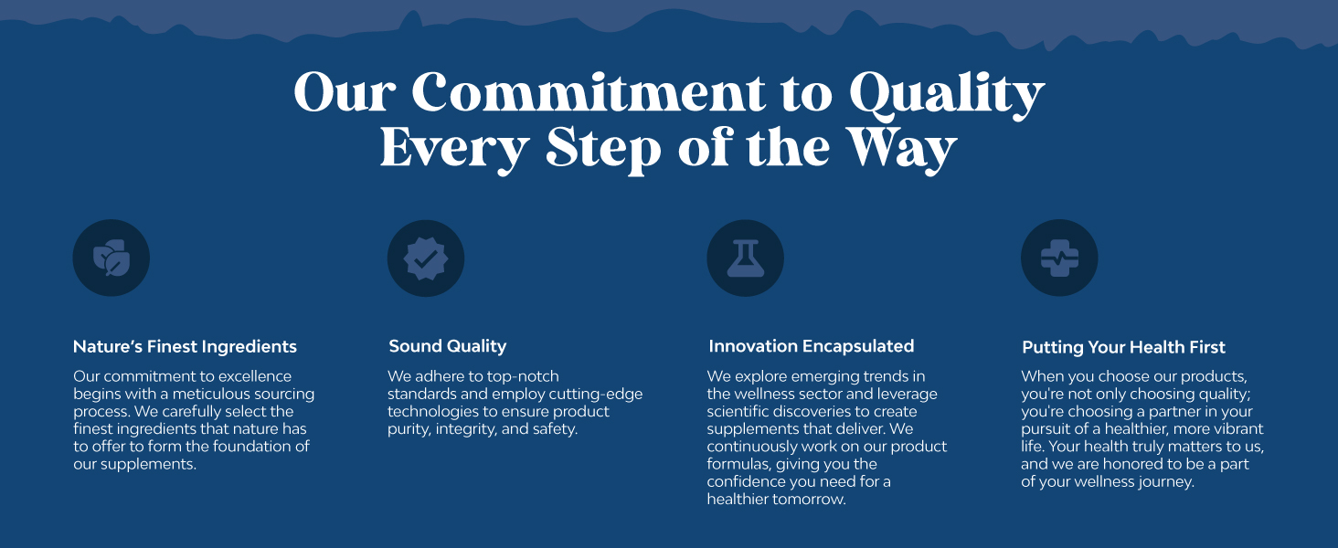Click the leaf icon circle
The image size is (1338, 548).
pos(111,258)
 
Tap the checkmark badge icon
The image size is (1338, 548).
pos(426,258)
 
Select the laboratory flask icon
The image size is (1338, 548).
pos(746,258)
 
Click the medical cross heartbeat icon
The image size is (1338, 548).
pos(1059,258)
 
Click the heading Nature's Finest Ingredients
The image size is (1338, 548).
pos(185,347)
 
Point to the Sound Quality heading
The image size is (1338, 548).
pos(448,346)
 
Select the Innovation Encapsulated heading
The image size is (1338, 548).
pos(812,346)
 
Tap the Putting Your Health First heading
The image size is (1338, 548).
pos(1123,347)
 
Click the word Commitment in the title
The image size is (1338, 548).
pos(589,92)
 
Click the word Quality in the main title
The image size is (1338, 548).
pos(947,96)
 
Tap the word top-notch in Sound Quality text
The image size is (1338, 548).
pos(524,377)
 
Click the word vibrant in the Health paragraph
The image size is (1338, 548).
pos(1236,429)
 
